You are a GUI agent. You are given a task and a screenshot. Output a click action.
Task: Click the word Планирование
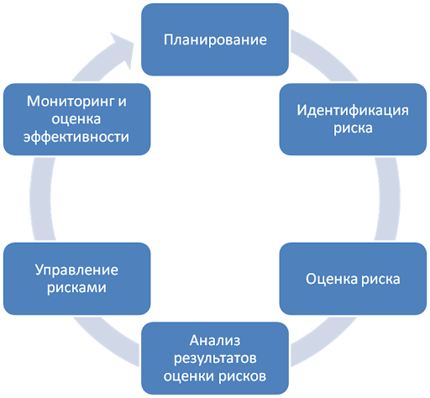tap(215, 40)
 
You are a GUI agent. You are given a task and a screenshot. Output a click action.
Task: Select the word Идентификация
tap(353, 110)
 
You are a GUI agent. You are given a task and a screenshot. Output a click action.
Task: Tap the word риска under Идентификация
tap(353, 128)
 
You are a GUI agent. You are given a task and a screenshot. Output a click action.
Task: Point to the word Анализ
tap(215, 341)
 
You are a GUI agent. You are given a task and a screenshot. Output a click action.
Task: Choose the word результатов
tap(215, 359)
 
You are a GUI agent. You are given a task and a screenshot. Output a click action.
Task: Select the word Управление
tap(76, 270)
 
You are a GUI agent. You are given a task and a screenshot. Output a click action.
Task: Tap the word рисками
tap(76, 288)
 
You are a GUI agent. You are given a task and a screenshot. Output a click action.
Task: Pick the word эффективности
tap(76, 137)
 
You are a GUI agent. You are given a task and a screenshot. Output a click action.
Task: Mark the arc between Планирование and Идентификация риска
tap(325, 54)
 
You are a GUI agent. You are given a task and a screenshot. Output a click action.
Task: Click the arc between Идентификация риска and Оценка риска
tap(389, 199)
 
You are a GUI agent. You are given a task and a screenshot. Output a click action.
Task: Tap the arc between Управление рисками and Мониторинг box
tap(42, 199)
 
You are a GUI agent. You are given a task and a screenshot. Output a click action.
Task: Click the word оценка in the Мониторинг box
tap(76, 119)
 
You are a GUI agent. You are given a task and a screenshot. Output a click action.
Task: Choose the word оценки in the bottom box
tap(189, 376)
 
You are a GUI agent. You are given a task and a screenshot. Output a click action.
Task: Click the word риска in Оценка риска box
tap(380, 280)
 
